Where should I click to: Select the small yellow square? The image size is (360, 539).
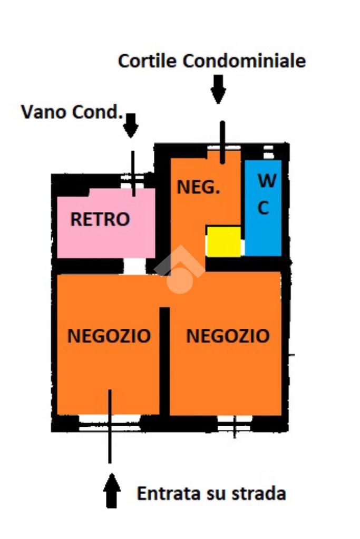223,242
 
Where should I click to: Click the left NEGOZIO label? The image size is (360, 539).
109,336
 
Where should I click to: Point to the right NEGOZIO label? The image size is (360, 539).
228,336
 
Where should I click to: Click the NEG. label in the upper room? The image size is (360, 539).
198,187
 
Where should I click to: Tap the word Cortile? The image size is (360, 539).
148,61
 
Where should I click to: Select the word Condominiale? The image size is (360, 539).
244,61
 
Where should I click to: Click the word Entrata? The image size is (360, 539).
168,494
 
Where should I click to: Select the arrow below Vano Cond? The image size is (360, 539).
131,126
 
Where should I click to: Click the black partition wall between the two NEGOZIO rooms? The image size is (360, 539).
164,361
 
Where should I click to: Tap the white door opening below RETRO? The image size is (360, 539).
135,266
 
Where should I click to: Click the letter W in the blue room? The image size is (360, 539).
267,181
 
